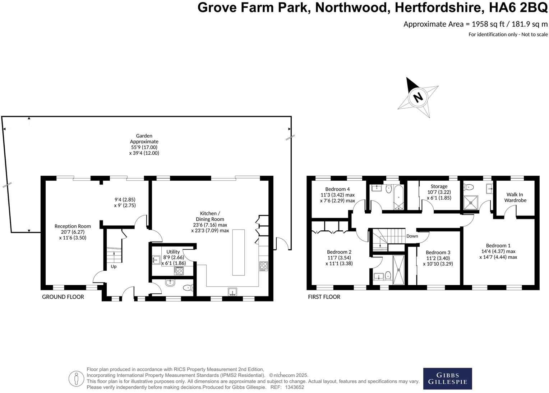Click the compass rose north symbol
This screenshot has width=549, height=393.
point(417,97)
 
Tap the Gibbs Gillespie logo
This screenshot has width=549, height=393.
point(447,379)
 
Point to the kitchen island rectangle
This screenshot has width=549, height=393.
point(239,252)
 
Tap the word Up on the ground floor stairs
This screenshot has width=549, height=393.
point(114,267)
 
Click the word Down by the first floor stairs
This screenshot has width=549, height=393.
point(412,236)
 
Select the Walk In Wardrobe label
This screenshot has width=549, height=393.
point(515,197)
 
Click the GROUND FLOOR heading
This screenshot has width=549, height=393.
point(63,297)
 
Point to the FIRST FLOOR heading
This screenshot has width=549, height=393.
point(324,297)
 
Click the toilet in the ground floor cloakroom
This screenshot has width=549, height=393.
point(188,288)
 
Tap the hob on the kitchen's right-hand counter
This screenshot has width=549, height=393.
point(263,266)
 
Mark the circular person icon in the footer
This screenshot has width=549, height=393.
point(76,378)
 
